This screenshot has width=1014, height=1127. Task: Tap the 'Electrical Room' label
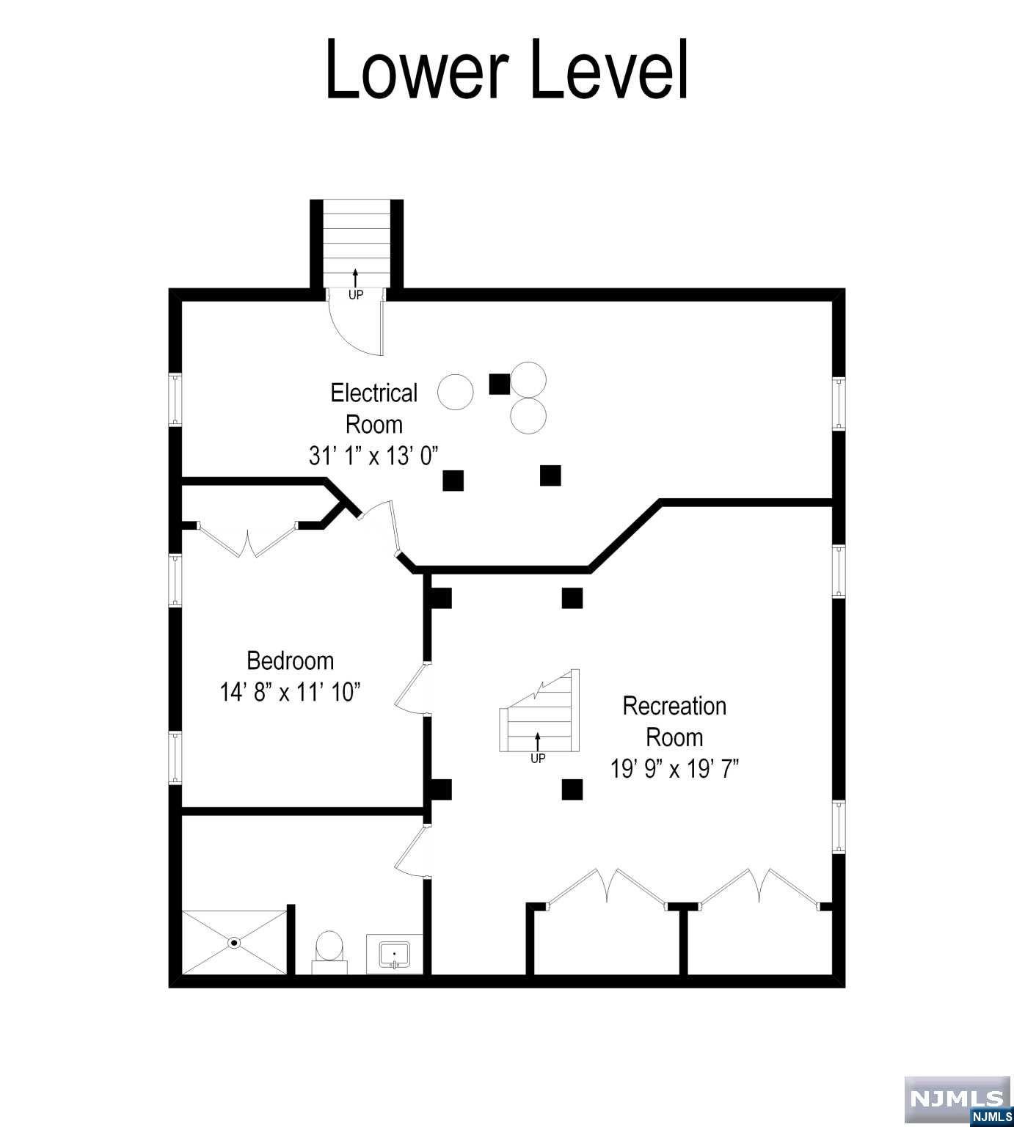(374, 408)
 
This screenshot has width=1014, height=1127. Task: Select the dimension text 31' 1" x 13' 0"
(373, 456)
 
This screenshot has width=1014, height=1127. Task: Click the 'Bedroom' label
(291, 660)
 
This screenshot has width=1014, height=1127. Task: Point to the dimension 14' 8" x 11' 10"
(291, 692)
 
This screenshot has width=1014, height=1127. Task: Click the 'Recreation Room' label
(674, 721)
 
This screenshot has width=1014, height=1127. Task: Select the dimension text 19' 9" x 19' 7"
(674, 768)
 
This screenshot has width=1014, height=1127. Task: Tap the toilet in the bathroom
(329, 952)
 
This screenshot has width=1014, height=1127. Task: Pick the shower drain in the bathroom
(235, 943)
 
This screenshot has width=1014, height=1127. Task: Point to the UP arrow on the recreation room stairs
(538, 741)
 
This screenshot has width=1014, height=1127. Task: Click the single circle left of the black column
(456, 392)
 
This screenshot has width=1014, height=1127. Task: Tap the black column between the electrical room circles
(500, 384)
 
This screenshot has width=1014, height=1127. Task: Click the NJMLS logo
(958, 1101)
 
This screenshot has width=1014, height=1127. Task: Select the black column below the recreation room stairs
(572, 789)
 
